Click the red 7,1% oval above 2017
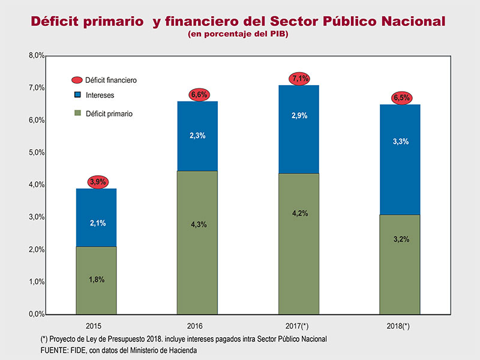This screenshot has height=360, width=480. [x=299, y=78]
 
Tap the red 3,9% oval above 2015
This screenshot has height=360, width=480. [x=97, y=182]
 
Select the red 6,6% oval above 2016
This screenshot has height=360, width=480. [x=197, y=95]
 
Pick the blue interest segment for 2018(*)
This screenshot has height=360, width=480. [x=400, y=159]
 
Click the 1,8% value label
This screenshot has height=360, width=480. [x=97, y=279]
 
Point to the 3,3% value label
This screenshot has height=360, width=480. [x=400, y=142]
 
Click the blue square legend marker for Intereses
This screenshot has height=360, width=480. [x=77, y=95]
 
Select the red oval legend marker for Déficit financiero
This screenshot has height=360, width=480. [x=76, y=80]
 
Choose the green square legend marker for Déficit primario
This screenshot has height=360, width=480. [x=77, y=112]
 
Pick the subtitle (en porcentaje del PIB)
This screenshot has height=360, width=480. [x=238, y=35]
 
